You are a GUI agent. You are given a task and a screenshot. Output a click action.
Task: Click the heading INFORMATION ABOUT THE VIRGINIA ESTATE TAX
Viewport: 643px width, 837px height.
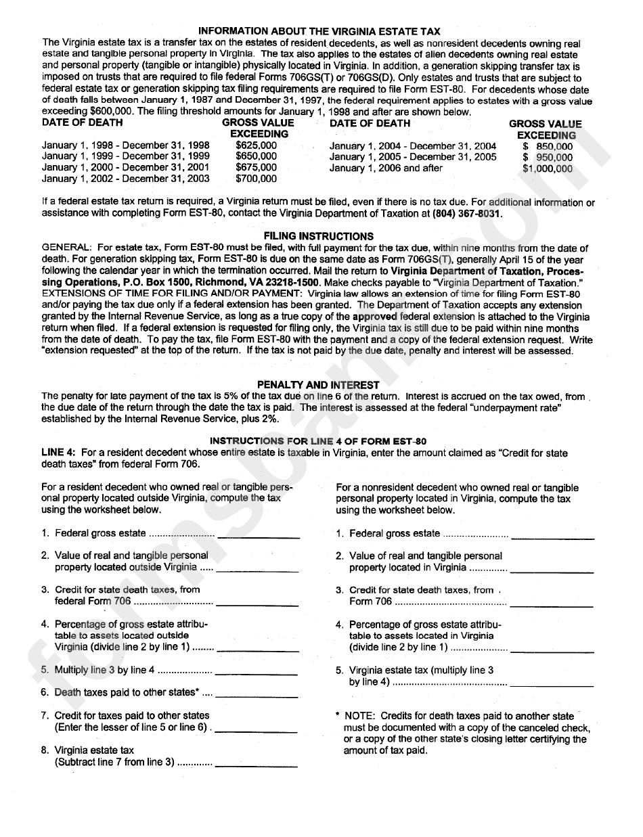(x=319, y=31)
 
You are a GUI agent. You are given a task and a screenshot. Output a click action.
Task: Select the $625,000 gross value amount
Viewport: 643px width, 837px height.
(x=256, y=145)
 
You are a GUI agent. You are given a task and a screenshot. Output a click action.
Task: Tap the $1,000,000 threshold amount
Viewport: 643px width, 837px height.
(x=548, y=168)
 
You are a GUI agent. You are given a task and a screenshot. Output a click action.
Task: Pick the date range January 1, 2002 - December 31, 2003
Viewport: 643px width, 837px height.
(x=125, y=179)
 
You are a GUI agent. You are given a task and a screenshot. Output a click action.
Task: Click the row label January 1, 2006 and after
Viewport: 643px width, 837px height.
(x=386, y=168)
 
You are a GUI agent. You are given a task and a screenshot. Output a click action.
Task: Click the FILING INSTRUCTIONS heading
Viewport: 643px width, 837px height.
(x=318, y=236)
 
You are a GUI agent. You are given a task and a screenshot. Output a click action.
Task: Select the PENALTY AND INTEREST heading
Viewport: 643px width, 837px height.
(x=318, y=385)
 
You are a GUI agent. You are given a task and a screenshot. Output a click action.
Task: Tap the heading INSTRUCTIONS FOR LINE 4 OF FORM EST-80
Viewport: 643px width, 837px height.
(x=318, y=441)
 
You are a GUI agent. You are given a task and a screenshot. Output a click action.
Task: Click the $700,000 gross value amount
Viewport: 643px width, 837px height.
(x=256, y=179)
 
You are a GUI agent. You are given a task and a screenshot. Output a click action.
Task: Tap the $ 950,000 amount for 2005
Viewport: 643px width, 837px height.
(x=548, y=157)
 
